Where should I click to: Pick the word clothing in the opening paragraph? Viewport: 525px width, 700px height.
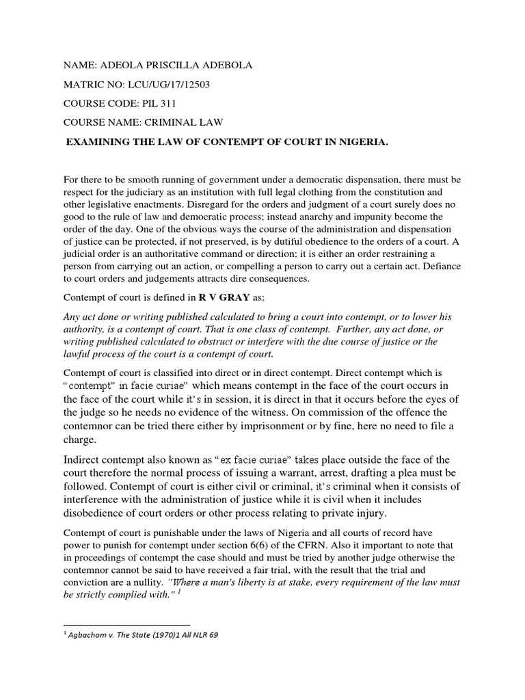coord(351,191)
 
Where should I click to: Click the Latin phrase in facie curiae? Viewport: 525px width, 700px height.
coord(146,386)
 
